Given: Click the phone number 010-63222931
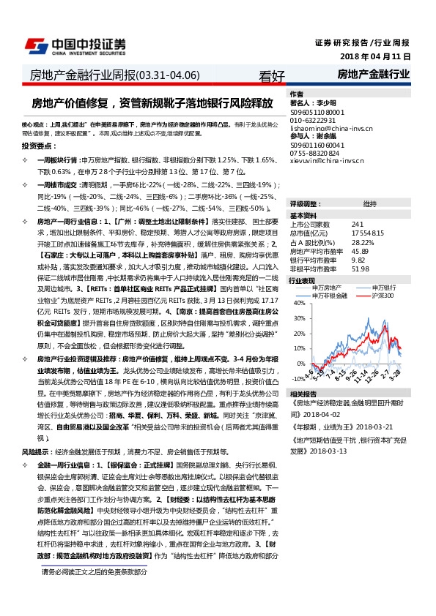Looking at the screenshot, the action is click(x=312, y=119).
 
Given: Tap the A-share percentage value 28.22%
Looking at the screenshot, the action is click(x=363, y=241).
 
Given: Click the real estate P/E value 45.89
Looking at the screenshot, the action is click(x=360, y=251).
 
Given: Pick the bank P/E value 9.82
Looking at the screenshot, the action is click(x=358, y=260).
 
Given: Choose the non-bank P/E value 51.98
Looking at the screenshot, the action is click(x=360, y=268).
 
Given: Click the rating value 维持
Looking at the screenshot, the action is click(x=370, y=203).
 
